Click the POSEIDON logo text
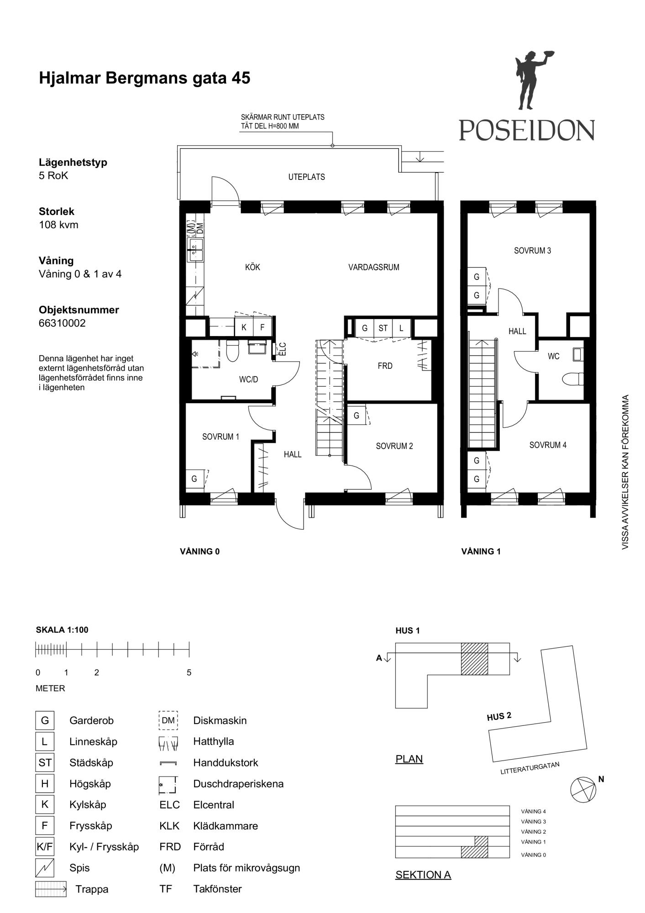527,130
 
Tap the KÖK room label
252,267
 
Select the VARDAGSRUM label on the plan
374,267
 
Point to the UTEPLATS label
307,177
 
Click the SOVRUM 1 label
221,437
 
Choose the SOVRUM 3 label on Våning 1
533,251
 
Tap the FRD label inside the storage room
385,366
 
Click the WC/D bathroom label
249,379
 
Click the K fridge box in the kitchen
244,327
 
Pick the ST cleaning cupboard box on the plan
383,328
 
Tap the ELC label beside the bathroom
283,349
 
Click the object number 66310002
62,323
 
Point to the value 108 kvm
58,225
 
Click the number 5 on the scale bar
189,672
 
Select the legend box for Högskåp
45,784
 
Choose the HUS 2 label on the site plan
499,716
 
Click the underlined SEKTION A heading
423,875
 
